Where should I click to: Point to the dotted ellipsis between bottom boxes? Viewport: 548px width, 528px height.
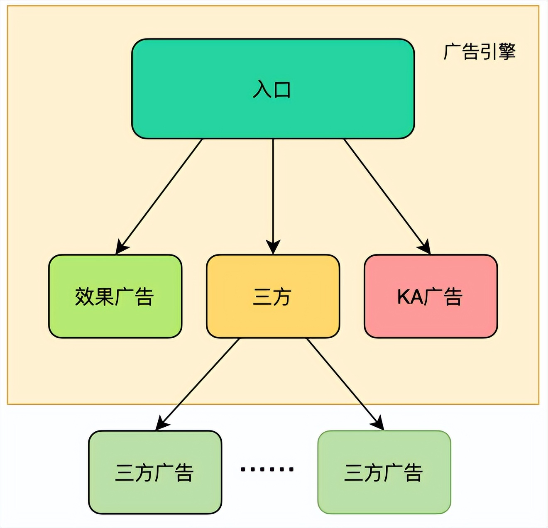[267, 469]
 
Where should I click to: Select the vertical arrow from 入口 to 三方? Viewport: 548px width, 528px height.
[273, 191]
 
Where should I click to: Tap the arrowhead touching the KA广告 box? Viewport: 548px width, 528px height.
[426, 248]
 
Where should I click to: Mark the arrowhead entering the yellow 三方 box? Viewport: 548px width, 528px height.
[273, 247]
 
